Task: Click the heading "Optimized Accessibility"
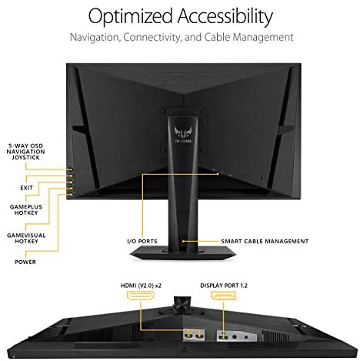180,17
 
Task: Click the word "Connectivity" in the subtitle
152,38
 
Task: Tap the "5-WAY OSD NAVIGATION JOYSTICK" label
25,152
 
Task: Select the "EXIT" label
26,188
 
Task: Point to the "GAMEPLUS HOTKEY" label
26,209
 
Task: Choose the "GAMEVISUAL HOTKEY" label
26,238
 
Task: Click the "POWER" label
25,262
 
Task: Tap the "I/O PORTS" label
142,241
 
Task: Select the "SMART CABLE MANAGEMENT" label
265,241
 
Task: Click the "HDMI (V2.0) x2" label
141,286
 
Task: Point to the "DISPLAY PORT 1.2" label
224,286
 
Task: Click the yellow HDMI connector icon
141,296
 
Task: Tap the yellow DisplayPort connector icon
223,296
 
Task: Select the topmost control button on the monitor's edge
70,169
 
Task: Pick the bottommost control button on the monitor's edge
70,195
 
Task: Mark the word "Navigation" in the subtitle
95,38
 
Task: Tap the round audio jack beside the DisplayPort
235,336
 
